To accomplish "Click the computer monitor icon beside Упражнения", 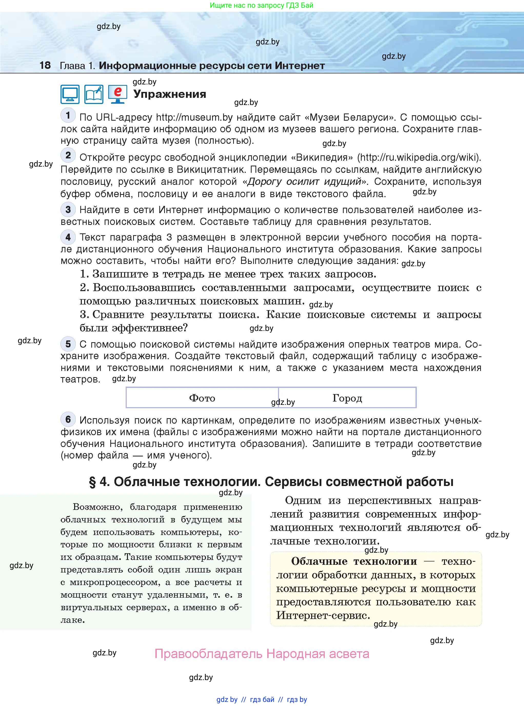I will pos(70,94).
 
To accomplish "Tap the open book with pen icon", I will pos(94,94).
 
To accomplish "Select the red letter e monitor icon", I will pos(118,94).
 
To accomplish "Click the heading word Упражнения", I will pos(170,94).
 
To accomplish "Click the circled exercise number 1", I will pos(68,115).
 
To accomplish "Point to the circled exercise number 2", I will pos(68,155).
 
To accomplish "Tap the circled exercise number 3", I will pos(68,209).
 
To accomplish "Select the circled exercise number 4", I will pos(68,237).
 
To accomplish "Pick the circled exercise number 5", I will pos(68,344).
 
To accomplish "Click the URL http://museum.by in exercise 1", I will pos(194,118).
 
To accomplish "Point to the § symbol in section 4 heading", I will pos(92,482).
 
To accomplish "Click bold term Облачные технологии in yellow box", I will pos(354,561).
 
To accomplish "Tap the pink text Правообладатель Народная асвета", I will pos(262,654).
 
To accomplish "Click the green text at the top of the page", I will pos(262,5).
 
